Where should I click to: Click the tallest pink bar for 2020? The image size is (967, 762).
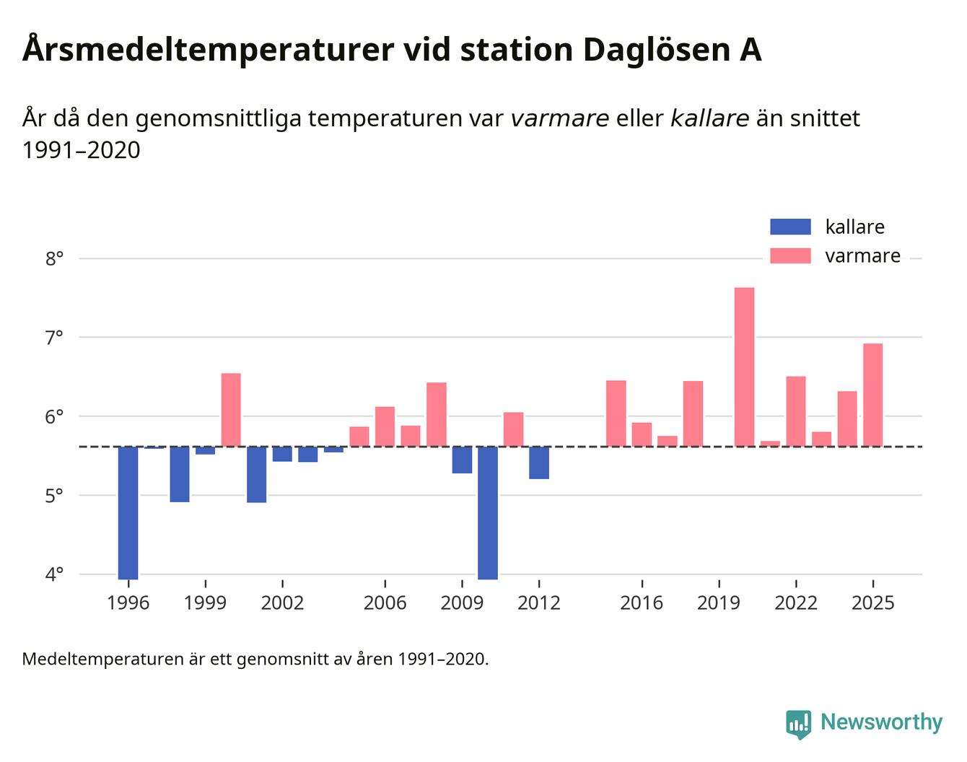coord(744,367)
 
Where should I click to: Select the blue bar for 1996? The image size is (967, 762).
coord(128,512)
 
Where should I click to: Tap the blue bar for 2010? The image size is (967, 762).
coord(487,512)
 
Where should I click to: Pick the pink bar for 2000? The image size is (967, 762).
coord(231,410)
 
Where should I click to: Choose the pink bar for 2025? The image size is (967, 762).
coord(872,395)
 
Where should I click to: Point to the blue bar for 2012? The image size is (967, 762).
coord(538,463)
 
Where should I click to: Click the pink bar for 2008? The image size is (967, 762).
coord(436,414)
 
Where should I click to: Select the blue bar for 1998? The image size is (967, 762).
coord(179,474)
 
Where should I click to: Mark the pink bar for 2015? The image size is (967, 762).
coord(616,413)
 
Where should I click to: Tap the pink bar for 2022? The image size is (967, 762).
coord(795,411)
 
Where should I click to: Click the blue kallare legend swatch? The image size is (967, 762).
coord(790,227)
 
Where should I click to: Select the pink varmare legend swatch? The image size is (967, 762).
coord(790,255)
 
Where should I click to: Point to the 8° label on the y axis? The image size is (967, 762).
coord(54,258)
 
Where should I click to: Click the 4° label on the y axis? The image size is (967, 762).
coord(54,574)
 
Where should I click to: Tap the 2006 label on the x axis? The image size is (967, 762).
coord(385,603)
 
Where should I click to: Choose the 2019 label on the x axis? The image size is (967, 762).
coord(718,603)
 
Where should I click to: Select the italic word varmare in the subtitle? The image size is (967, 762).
coord(559,118)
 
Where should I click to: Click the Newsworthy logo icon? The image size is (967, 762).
coord(798,724)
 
